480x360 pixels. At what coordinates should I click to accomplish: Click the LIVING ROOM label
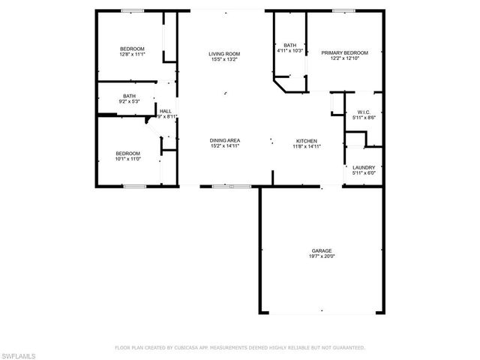pyautogui.click(x=224, y=54)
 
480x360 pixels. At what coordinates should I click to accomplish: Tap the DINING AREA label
pyautogui.click(x=224, y=140)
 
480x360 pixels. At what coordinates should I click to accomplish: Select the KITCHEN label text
pyautogui.click(x=307, y=140)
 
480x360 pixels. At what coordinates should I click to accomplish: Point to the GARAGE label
pyautogui.click(x=322, y=250)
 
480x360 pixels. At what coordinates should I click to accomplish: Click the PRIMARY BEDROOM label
pyautogui.click(x=344, y=52)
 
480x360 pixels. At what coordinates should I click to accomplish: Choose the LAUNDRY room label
pyautogui.click(x=364, y=167)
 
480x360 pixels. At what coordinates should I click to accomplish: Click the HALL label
pyautogui.click(x=166, y=111)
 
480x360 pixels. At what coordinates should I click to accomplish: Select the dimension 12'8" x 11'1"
pyautogui.click(x=131, y=54)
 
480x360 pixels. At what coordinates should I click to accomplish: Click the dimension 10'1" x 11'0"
pyautogui.click(x=128, y=158)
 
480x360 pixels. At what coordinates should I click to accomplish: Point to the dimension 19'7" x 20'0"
pyautogui.click(x=322, y=256)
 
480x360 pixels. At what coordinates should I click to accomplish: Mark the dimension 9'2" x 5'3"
pyautogui.click(x=130, y=100)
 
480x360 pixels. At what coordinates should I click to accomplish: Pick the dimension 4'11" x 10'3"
pyautogui.click(x=289, y=50)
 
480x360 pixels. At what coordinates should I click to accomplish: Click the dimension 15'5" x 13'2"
pyautogui.click(x=224, y=59)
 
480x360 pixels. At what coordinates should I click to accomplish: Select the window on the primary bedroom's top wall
pyautogui.click(x=344, y=10)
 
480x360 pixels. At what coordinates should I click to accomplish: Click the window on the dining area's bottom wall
pyautogui.click(x=223, y=185)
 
